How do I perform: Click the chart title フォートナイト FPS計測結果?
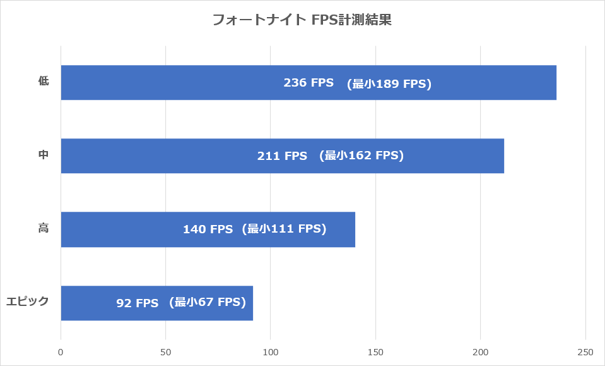pyautogui.click(x=302, y=20)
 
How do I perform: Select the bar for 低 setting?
pyautogui.click(x=189, y=83)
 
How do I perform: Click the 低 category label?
pyautogui.click(x=43, y=82)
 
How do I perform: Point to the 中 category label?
pyautogui.click(x=43, y=155)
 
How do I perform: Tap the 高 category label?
pyautogui.click(x=43, y=228)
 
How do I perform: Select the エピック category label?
pyautogui.click(x=27, y=302)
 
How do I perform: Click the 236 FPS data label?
pyautogui.click(x=308, y=83)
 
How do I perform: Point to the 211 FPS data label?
pyautogui.click(x=282, y=156)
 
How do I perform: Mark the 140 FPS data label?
pyautogui.click(x=208, y=229)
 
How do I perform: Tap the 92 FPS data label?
pyautogui.click(x=137, y=303)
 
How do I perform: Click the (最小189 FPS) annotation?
pyautogui.click(x=389, y=83)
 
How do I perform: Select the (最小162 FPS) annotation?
pyautogui.click(x=361, y=156)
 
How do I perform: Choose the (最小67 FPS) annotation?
pyautogui.click(x=207, y=302)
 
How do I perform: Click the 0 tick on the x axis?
pyautogui.click(x=61, y=351)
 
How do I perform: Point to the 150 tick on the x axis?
pyautogui.click(x=375, y=351)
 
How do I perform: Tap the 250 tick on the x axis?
pyautogui.click(x=585, y=351)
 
